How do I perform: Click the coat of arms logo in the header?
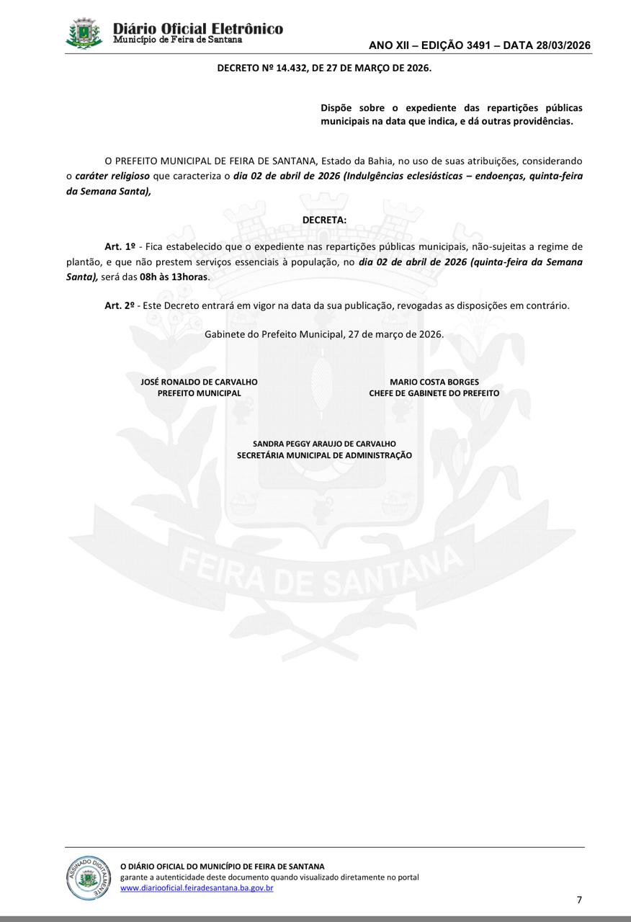[85, 33]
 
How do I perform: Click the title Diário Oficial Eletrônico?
[198, 28]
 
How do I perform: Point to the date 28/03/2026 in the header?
[564, 45]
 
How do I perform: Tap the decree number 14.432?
[287, 68]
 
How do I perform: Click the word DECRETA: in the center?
[324, 219]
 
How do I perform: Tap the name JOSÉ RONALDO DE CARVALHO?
[199, 382]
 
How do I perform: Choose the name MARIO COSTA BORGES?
[434, 382]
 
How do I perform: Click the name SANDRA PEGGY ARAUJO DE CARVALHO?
[324, 444]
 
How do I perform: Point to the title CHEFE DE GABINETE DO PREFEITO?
[434, 393]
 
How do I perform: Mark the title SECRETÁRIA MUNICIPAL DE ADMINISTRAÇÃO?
[324, 455]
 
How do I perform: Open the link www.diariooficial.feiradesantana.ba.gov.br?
[197, 888]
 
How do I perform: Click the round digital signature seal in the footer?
[89, 877]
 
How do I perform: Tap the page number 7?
[579, 900]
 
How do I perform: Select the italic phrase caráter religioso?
[112, 176]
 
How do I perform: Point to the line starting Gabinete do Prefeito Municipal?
[324, 334]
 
